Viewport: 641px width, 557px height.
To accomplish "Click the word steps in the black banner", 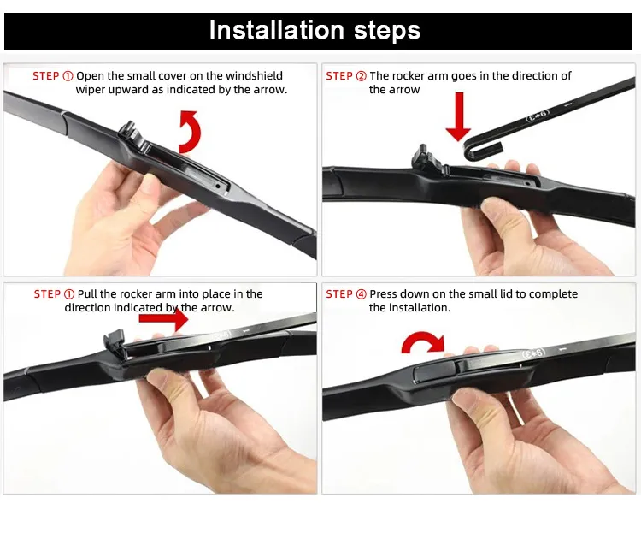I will (380, 32).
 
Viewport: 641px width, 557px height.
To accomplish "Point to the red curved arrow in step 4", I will (423, 344).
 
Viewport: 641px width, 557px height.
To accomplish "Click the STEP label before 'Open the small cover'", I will (52, 76).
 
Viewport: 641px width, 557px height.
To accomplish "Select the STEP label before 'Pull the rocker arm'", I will (53, 293).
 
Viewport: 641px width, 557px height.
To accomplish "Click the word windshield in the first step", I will (253, 76).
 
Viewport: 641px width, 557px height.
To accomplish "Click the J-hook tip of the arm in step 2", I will (473, 151).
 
